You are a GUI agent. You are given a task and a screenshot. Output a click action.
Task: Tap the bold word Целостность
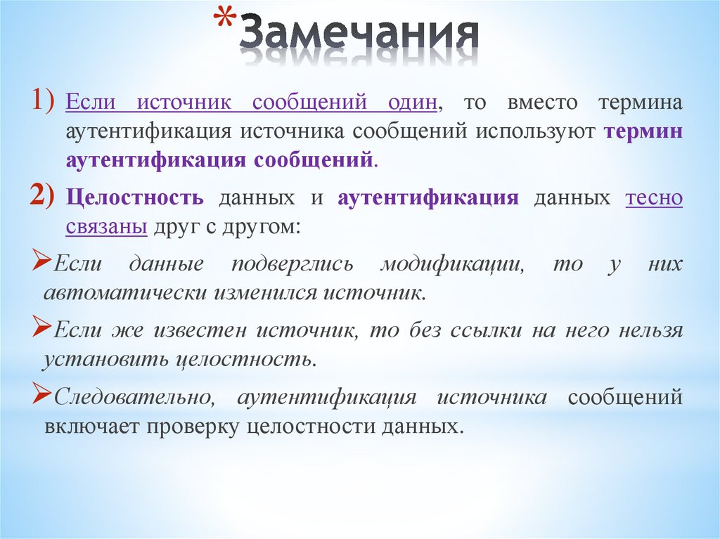[135, 199]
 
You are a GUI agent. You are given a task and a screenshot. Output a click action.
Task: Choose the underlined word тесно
[654, 199]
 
